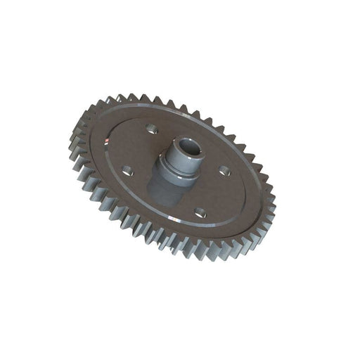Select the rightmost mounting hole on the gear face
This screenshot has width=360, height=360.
pyautogui.click(x=224, y=169)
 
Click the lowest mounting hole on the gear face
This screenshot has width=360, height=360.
pyautogui.click(x=200, y=212)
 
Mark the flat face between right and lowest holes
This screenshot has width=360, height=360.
pyautogui.click(x=215, y=193)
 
